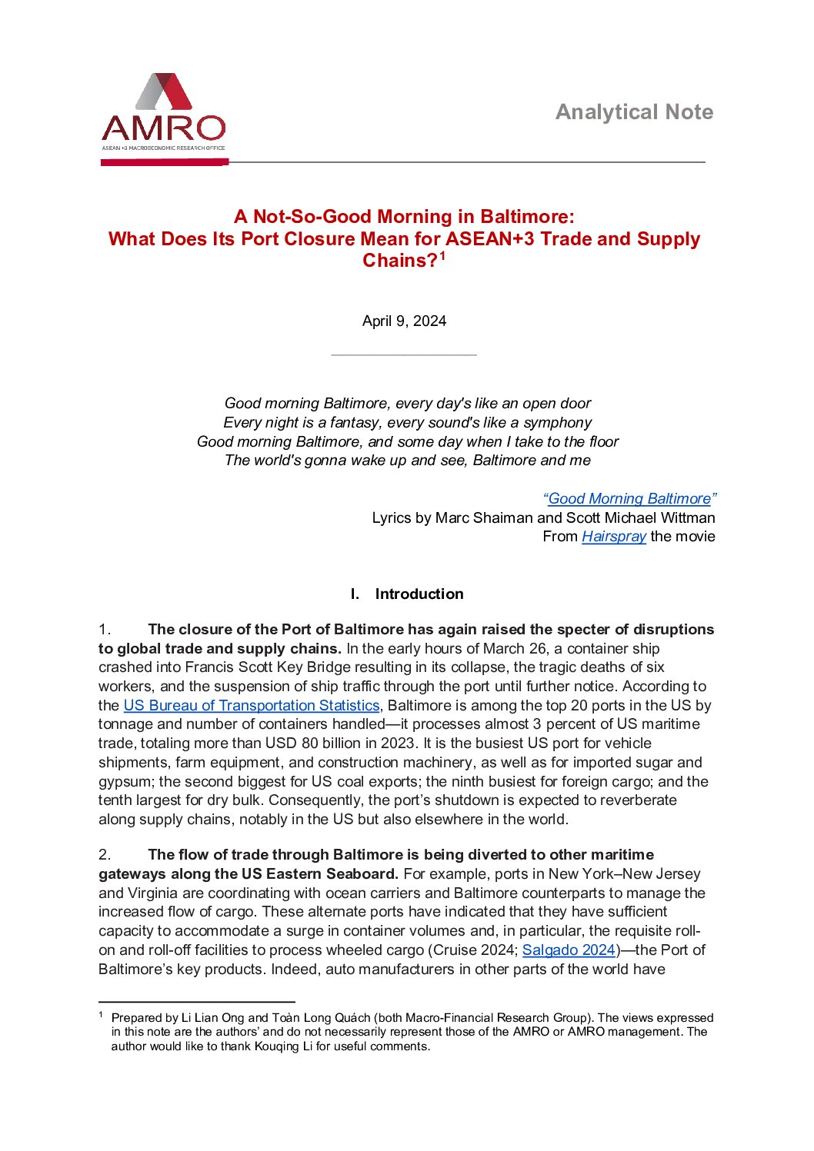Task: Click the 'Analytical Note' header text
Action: (634, 112)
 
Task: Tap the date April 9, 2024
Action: (404, 321)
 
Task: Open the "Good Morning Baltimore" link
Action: (630, 498)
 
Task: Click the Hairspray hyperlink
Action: (613, 537)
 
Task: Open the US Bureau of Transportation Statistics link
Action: (252, 705)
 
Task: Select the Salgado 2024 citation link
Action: (569, 950)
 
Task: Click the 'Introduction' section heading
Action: (419, 594)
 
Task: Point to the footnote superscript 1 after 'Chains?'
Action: (442, 257)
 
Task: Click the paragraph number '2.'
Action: (105, 855)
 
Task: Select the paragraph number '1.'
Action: (105, 630)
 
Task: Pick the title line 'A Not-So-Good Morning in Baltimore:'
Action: (404, 217)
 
